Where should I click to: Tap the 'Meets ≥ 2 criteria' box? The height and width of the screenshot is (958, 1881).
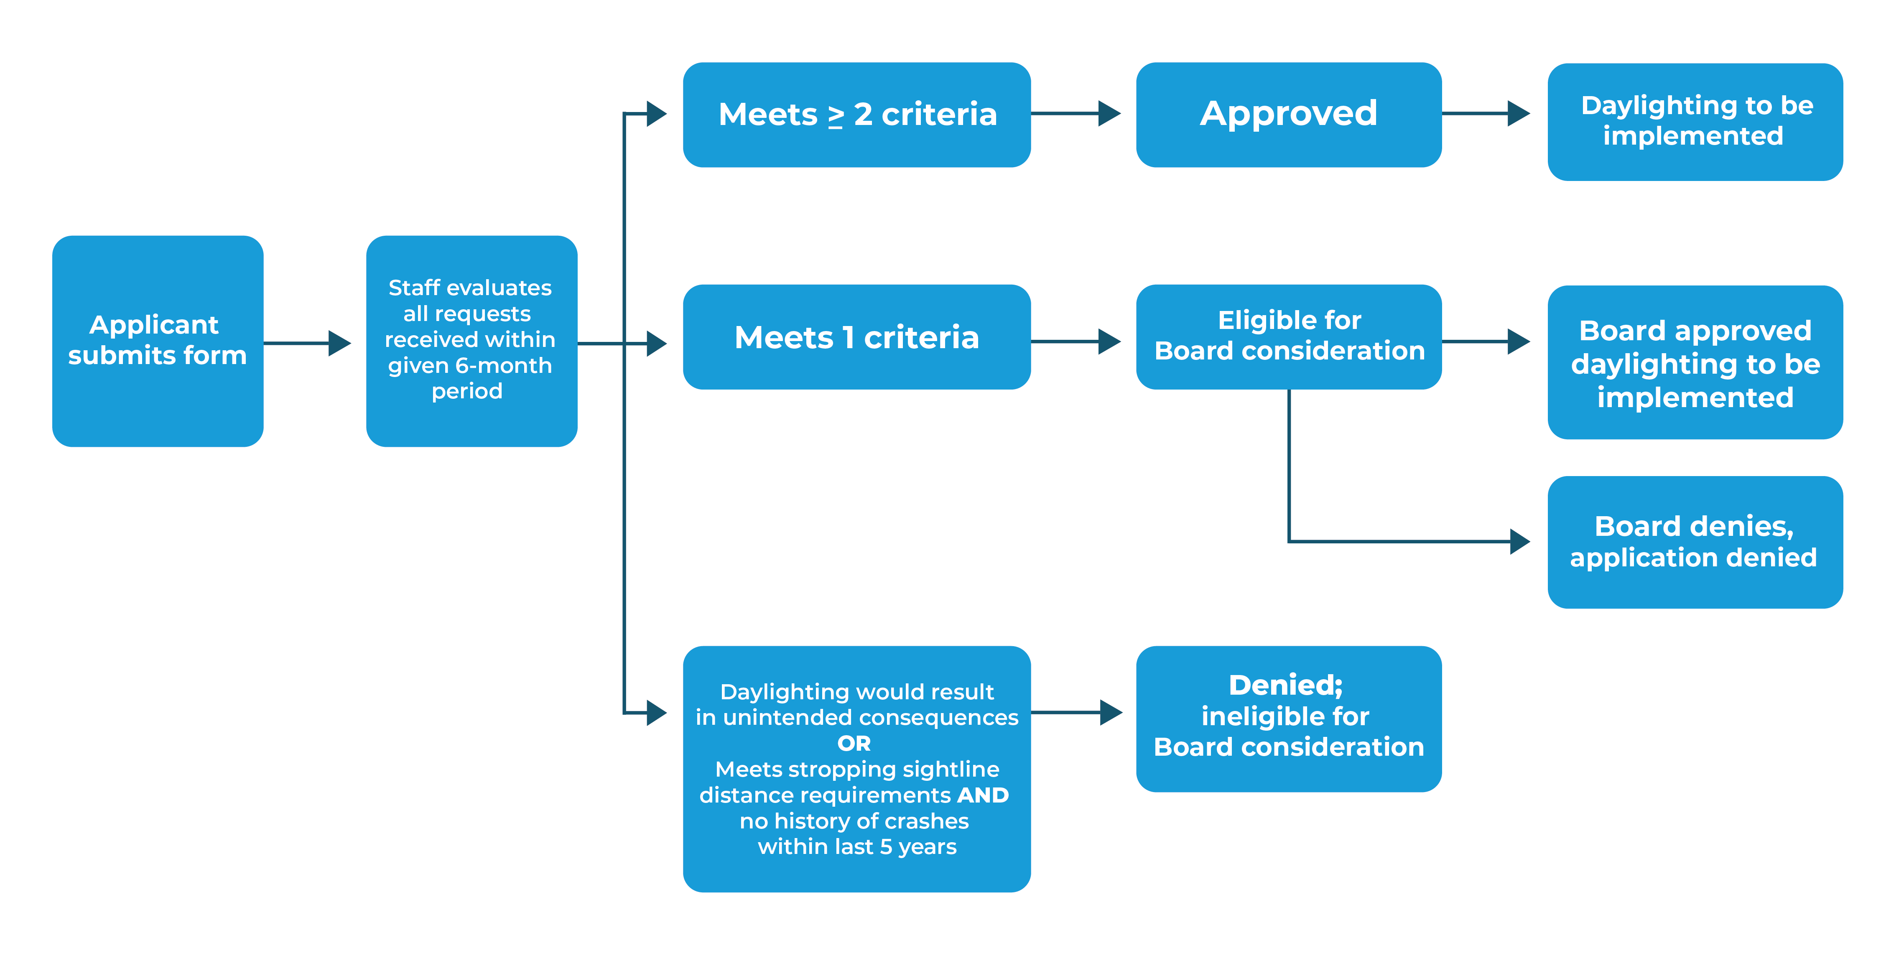(856, 115)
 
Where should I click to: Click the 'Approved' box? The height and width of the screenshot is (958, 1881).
(1288, 115)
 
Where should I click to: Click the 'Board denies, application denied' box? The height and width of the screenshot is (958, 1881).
(1695, 542)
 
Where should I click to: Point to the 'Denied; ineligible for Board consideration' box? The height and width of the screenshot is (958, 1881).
(1288, 718)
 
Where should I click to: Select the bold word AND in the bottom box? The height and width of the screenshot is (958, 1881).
(983, 795)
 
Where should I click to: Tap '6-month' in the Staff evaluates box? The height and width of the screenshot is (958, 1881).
(503, 365)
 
